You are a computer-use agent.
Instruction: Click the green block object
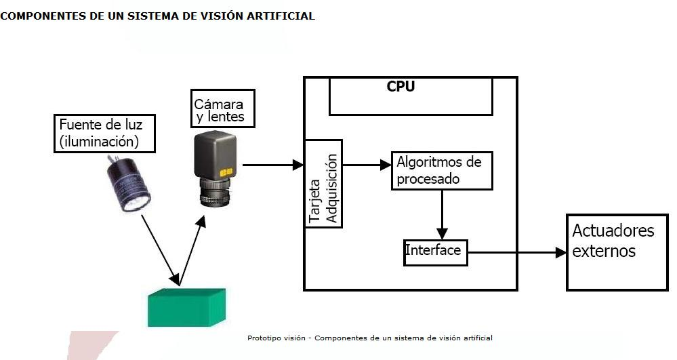[186, 307]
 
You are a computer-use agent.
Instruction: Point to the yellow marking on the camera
[227, 171]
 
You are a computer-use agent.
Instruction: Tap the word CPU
[401, 87]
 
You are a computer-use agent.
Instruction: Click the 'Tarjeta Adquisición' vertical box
[323, 184]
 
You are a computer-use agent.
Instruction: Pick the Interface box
[435, 252]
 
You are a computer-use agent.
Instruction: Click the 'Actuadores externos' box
[615, 252]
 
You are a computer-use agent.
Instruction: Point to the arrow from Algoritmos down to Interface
[442, 214]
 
